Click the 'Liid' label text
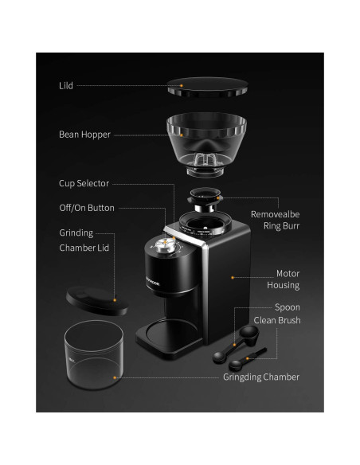pyautogui.click(x=66, y=85)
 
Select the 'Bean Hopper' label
pyautogui.click(x=85, y=135)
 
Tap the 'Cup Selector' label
pyautogui.click(x=84, y=183)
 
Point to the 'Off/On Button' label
pyautogui.click(x=86, y=208)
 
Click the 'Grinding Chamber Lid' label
pyautogui.click(x=83, y=240)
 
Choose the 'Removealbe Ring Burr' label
pyautogui.click(x=275, y=221)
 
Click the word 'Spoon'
pyautogui.click(x=287, y=307)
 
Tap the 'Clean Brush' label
pyautogui.click(x=276, y=320)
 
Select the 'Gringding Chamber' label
pyautogui.click(x=261, y=377)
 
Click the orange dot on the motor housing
pyautogui.click(x=231, y=277)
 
